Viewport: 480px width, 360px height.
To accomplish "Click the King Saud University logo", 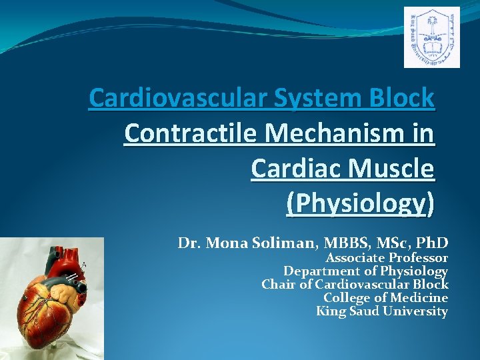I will tap(431, 37).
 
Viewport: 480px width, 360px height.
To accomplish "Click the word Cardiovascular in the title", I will tap(180, 99).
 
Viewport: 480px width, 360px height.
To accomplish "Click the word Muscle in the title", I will tap(398, 169).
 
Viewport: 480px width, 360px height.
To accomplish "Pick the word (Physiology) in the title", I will tap(359, 204).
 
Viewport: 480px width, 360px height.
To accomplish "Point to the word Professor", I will tap(418, 258).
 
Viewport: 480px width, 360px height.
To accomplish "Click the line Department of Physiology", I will tap(365, 271).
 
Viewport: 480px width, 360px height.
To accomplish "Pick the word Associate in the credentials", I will tap(354, 258).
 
